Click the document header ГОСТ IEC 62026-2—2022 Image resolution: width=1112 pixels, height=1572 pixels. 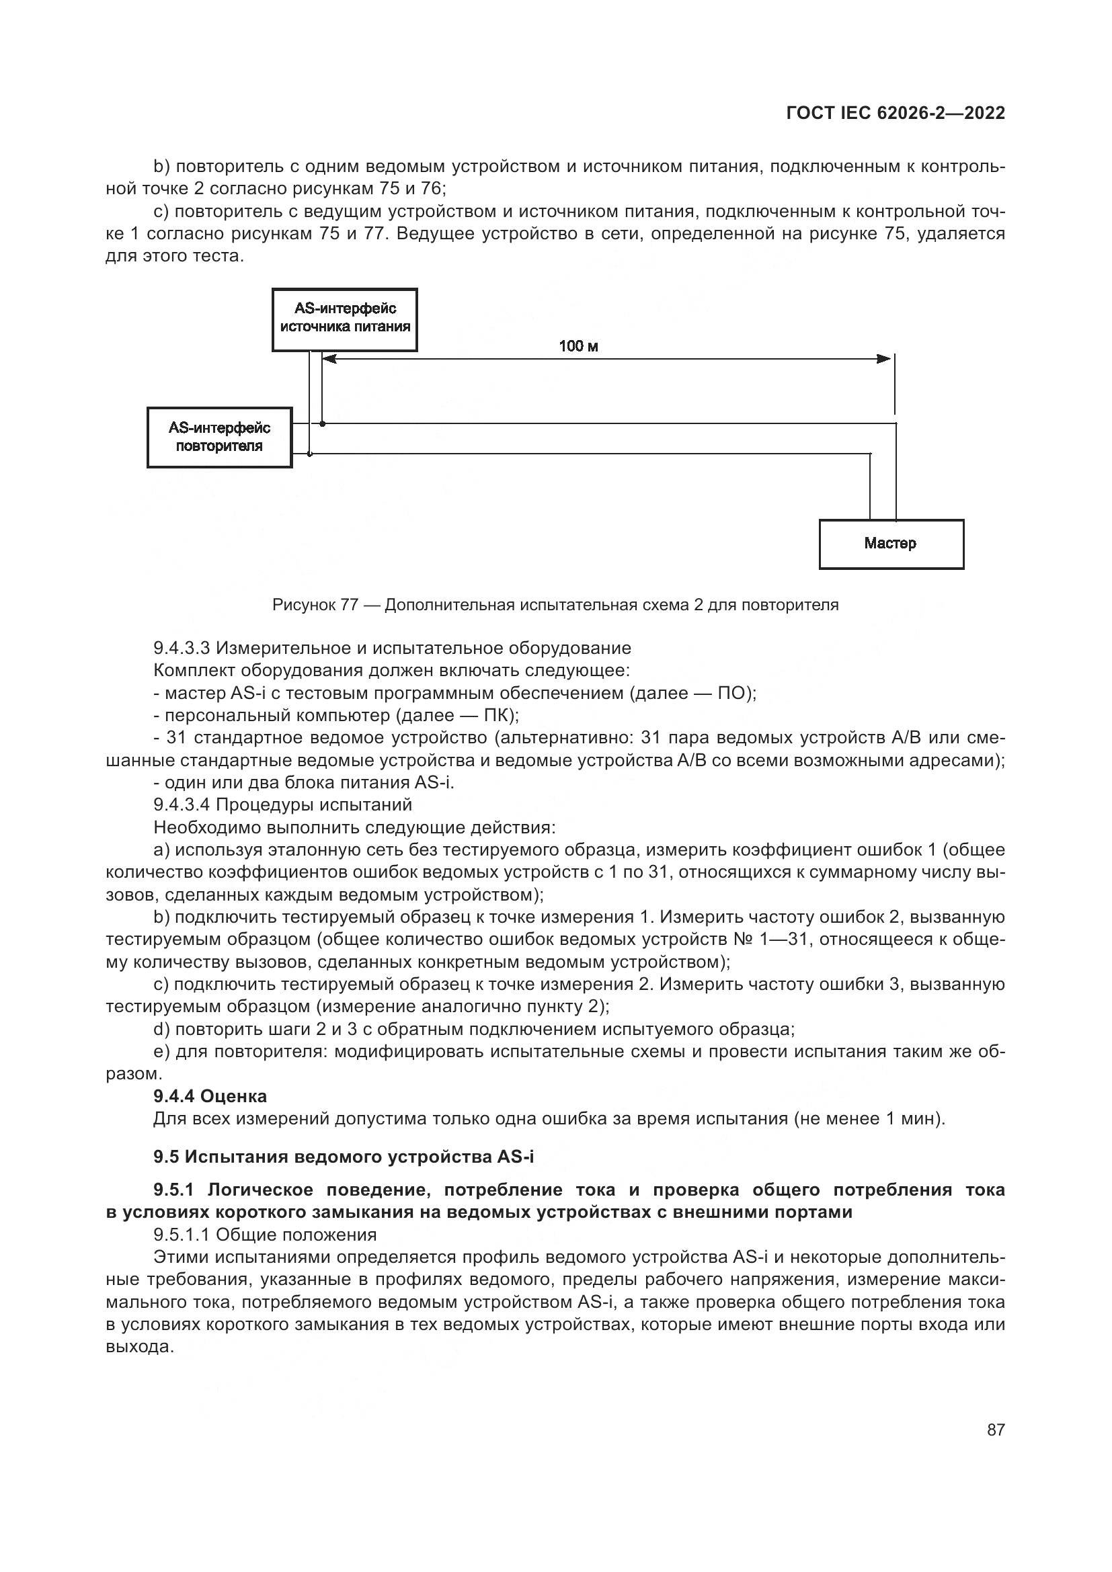895,114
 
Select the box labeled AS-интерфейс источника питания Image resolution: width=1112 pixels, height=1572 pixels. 344,319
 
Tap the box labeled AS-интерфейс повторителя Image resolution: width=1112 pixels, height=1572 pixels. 219,438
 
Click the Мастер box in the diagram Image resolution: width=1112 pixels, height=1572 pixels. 891,544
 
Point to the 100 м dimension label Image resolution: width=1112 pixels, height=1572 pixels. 579,346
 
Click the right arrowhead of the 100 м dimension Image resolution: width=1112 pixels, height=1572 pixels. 884,359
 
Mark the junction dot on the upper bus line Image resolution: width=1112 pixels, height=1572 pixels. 323,424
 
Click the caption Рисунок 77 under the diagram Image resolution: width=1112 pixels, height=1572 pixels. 555,605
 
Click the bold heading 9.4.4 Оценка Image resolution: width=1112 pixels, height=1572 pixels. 210,1096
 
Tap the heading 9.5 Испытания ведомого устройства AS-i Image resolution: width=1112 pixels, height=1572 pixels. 343,1157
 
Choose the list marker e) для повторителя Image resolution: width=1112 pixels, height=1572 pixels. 161,1051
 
